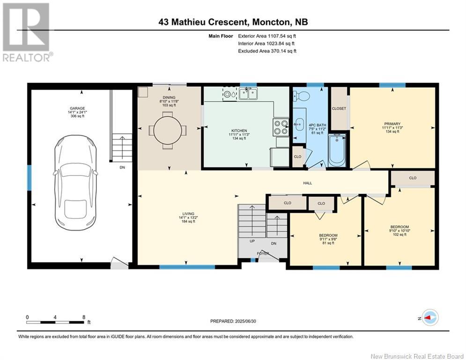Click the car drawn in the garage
pos(75,183)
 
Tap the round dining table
pos(168,130)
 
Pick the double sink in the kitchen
pos(248,94)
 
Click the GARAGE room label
pos(77,108)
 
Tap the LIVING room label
pos(188,214)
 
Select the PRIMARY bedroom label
pos(392,124)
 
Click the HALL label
pos(308,183)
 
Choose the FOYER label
pos(263,254)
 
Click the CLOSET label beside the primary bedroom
pos(339,108)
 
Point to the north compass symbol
pos(429,318)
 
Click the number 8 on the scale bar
pos(84,317)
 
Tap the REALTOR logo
pos(26,32)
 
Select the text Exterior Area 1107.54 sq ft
pos(267,36)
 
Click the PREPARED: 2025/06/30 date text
pos(233,321)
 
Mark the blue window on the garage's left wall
pos(29,178)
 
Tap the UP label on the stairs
pos(252,241)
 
